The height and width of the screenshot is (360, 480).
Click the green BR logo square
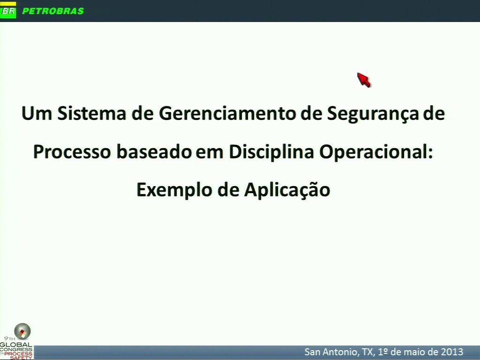coord(8,11)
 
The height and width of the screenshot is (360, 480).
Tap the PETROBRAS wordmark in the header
coord(53,11)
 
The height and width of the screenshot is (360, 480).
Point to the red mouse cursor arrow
coord(364,80)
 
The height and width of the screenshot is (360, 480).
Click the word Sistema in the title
coord(92,113)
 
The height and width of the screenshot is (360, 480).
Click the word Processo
coord(72,151)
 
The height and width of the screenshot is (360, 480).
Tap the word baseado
coord(154,151)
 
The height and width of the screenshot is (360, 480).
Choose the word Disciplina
coord(271,152)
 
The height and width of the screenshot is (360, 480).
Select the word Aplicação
coord(287,190)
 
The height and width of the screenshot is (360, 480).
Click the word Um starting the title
coord(37,113)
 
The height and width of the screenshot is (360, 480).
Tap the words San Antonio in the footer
coord(331,352)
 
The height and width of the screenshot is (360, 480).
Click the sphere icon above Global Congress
coord(22,331)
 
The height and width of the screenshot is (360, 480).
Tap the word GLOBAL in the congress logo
coord(16,345)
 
